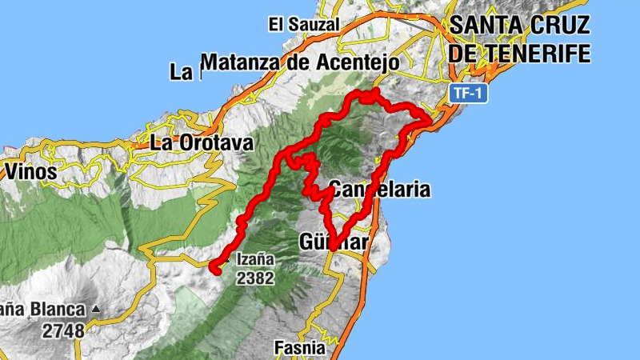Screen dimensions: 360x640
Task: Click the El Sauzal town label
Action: click(x=303, y=25)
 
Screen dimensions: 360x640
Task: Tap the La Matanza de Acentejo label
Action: click(x=288, y=62)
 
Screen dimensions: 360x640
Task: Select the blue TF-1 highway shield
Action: click(x=468, y=93)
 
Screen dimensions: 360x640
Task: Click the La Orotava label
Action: click(x=202, y=144)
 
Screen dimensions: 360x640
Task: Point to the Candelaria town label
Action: click(x=380, y=190)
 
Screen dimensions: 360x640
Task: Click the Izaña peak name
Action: click(x=255, y=259)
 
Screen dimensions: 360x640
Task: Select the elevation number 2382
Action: click(x=255, y=278)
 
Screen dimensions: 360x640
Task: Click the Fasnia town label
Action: click(x=300, y=348)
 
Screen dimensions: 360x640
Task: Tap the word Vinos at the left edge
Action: click(x=30, y=171)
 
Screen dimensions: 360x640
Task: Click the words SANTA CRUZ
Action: click(x=520, y=25)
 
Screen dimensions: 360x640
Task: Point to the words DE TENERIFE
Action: click(x=520, y=54)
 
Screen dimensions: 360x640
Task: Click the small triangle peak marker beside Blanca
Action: click(x=97, y=308)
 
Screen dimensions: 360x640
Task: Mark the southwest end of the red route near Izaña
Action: click(x=215, y=270)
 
